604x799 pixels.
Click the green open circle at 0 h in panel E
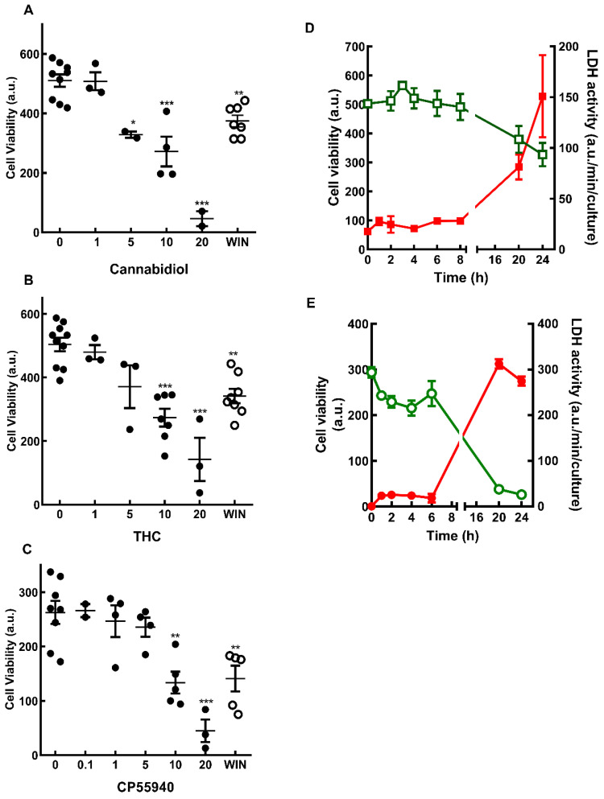pyautogui.click(x=371, y=373)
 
